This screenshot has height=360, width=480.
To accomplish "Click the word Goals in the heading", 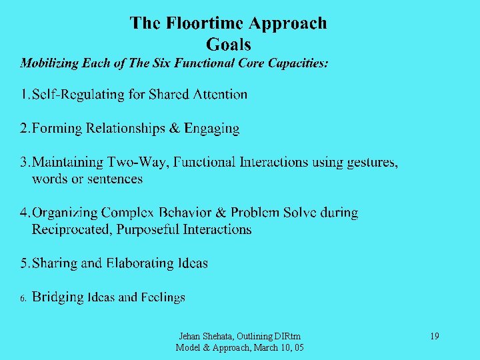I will (229, 45).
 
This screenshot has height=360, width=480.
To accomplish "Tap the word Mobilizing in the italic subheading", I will (49, 64).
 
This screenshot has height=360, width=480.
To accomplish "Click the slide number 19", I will (434, 337).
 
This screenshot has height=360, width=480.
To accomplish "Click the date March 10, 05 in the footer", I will (277, 347).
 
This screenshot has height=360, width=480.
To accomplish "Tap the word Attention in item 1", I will (220, 95).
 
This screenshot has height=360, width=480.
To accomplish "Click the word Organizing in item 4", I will (65, 213).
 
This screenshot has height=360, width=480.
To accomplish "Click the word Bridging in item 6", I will (57, 297).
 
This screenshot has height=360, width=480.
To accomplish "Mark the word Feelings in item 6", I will (162, 297).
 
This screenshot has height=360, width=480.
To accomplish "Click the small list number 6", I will (23, 299).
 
